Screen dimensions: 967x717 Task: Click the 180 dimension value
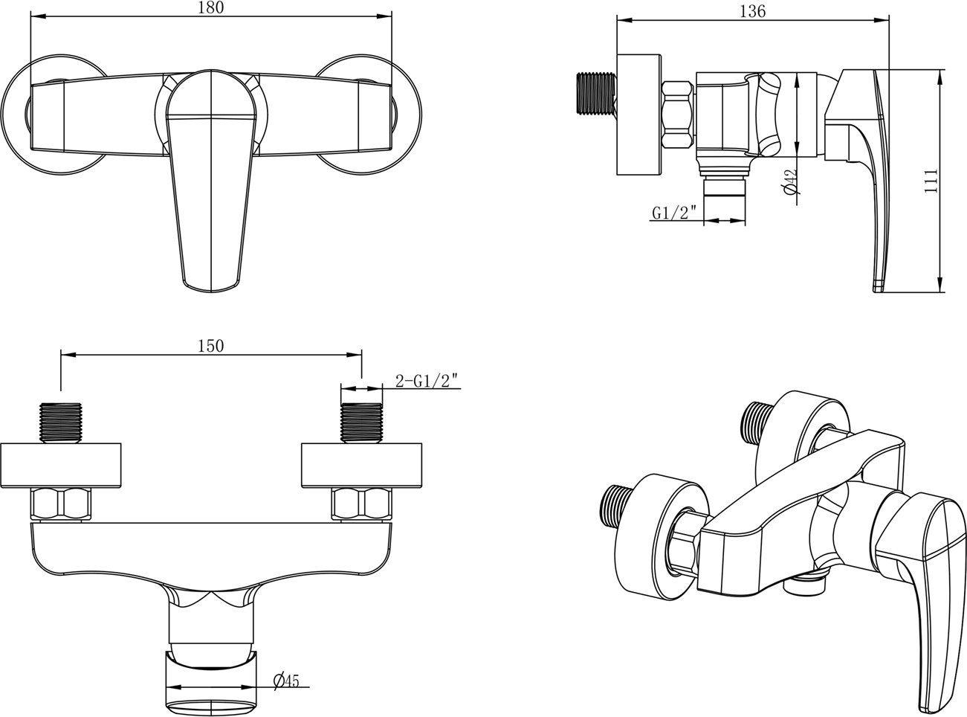(211, 8)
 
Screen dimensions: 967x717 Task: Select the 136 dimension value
(752, 11)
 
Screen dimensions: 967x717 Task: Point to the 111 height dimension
(930, 181)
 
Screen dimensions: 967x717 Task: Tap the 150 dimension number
(211, 346)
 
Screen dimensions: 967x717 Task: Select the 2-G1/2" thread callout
(427, 381)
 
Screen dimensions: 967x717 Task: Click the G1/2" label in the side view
(674, 213)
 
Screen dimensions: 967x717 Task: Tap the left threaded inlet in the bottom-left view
(61, 423)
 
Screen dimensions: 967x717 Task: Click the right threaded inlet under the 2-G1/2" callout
(361, 423)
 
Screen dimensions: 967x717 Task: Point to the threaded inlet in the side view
(596, 94)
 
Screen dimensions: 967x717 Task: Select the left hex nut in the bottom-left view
(61, 505)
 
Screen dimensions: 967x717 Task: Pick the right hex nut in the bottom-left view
(362, 505)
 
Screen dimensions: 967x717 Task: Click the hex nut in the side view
(678, 115)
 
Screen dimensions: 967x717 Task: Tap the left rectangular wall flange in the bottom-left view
(61, 466)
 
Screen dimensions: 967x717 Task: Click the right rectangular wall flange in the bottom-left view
(361, 466)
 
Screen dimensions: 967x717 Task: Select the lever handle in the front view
(211, 180)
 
